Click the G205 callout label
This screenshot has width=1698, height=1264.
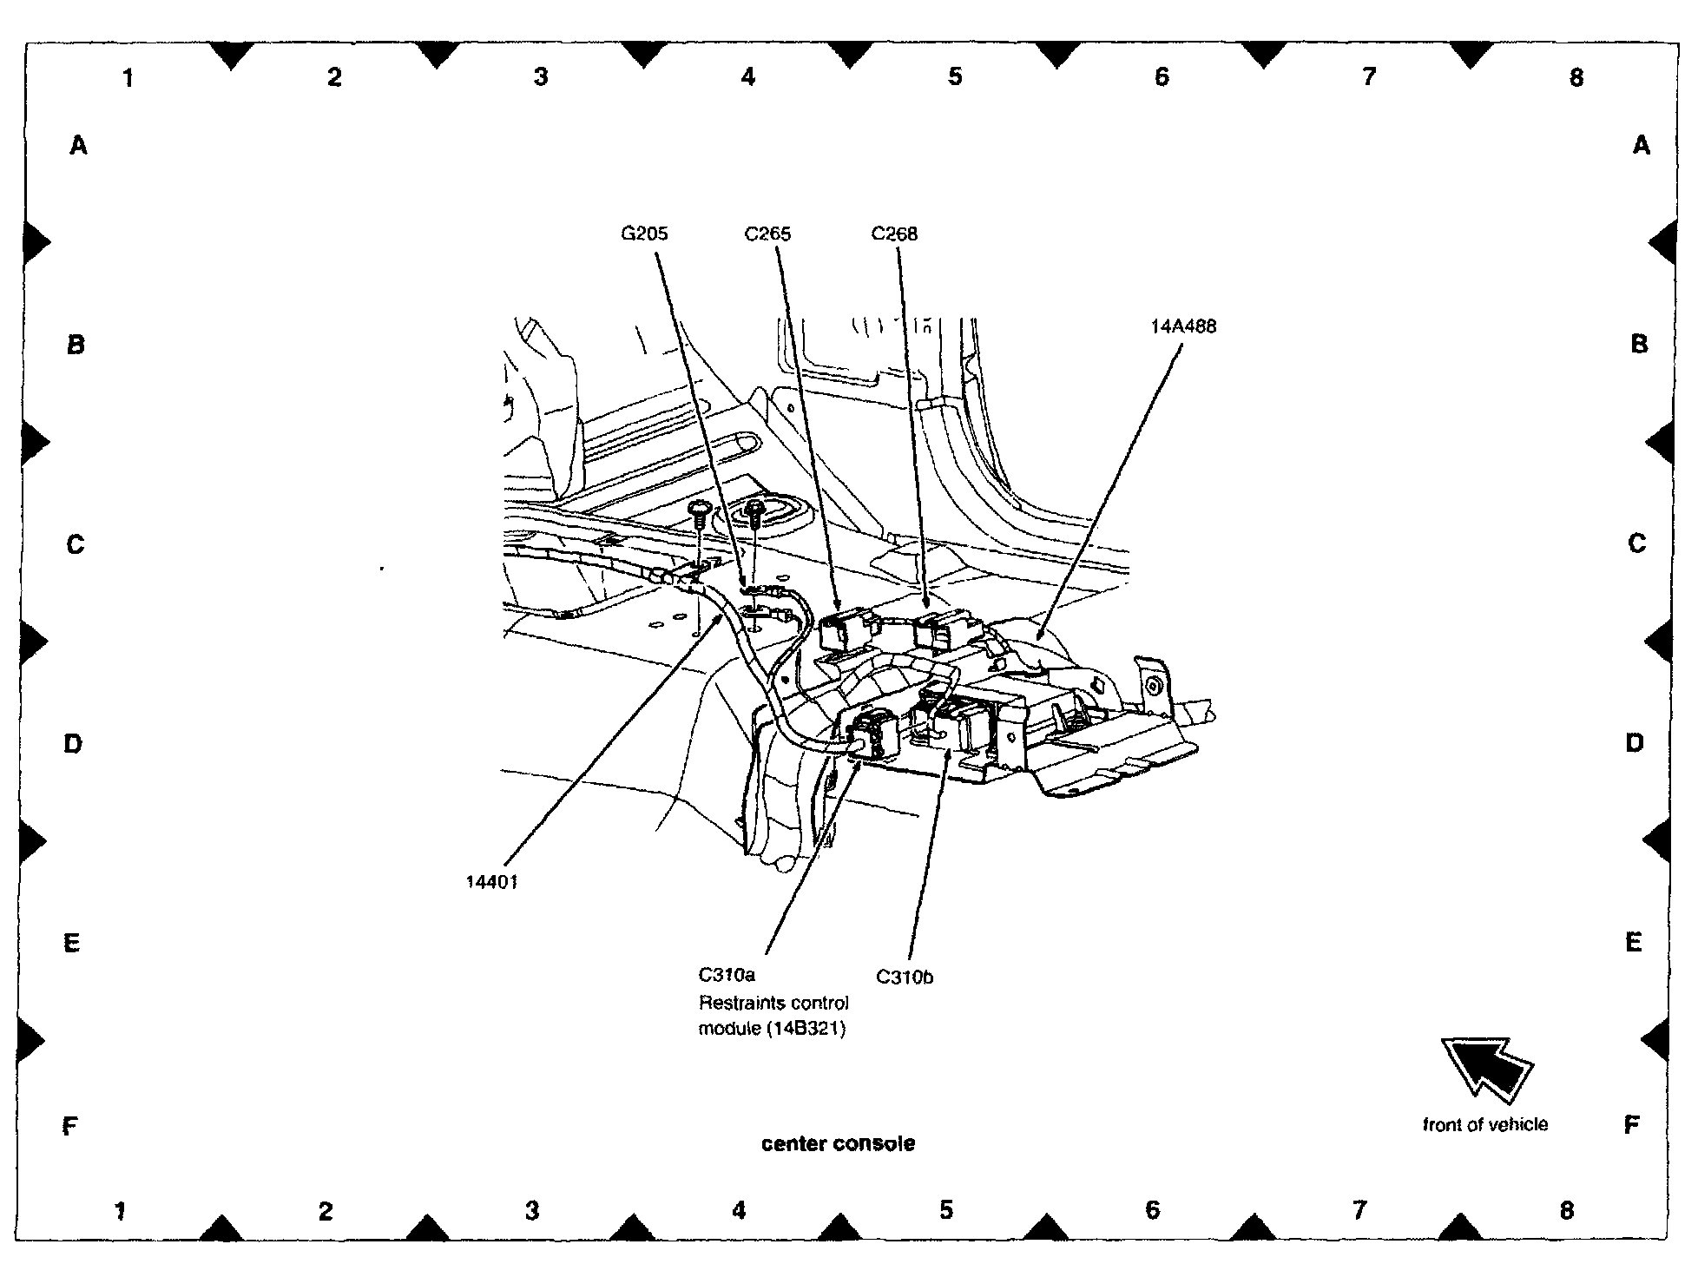(644, 234)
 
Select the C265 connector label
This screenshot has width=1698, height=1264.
(767, 234)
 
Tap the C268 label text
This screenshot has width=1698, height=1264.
(894, 234)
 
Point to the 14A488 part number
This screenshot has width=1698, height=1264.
(1183, 327)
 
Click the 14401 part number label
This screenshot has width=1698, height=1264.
(491, 882)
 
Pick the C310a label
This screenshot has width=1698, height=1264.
(727, 975)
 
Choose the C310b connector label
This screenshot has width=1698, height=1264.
(904, 977)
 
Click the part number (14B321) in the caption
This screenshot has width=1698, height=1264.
(806, 1030)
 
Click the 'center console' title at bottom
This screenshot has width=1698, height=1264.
(838, 1143)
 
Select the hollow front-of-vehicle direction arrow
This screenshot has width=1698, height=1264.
(1486, 1067)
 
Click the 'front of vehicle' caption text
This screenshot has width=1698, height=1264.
(1484, 1125)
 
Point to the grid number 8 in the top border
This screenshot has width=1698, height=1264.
(1576, 78)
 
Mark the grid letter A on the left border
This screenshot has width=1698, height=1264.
(78, 146)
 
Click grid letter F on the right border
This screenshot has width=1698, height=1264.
(1631, 1126)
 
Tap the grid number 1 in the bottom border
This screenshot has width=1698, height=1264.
(121, 1210)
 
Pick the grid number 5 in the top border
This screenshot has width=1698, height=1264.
(955, 77)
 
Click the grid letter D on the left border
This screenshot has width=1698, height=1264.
(73, 744)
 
